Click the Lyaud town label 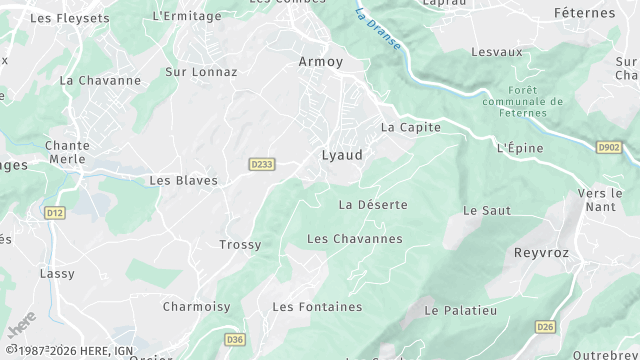click(x=342, y=156)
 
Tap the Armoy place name click(x=321, y=62)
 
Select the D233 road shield click(x=260, y=163)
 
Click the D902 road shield click(x=609, y=148)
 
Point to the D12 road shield click(x=54, y=212)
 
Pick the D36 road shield click(x=235, y=340)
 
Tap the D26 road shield click(x=545, y=326)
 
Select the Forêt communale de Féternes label click(x=522, y=101)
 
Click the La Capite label click(x=411, y=128)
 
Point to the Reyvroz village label click(x=541, y=253)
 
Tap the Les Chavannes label click(x=354, y=239)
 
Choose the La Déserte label click(x=373, y=205)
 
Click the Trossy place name click(x=240, y=245)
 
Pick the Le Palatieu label click(x=461, y=311)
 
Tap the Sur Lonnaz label click(x=201, y=72)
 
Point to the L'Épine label click(x=520, y=148)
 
